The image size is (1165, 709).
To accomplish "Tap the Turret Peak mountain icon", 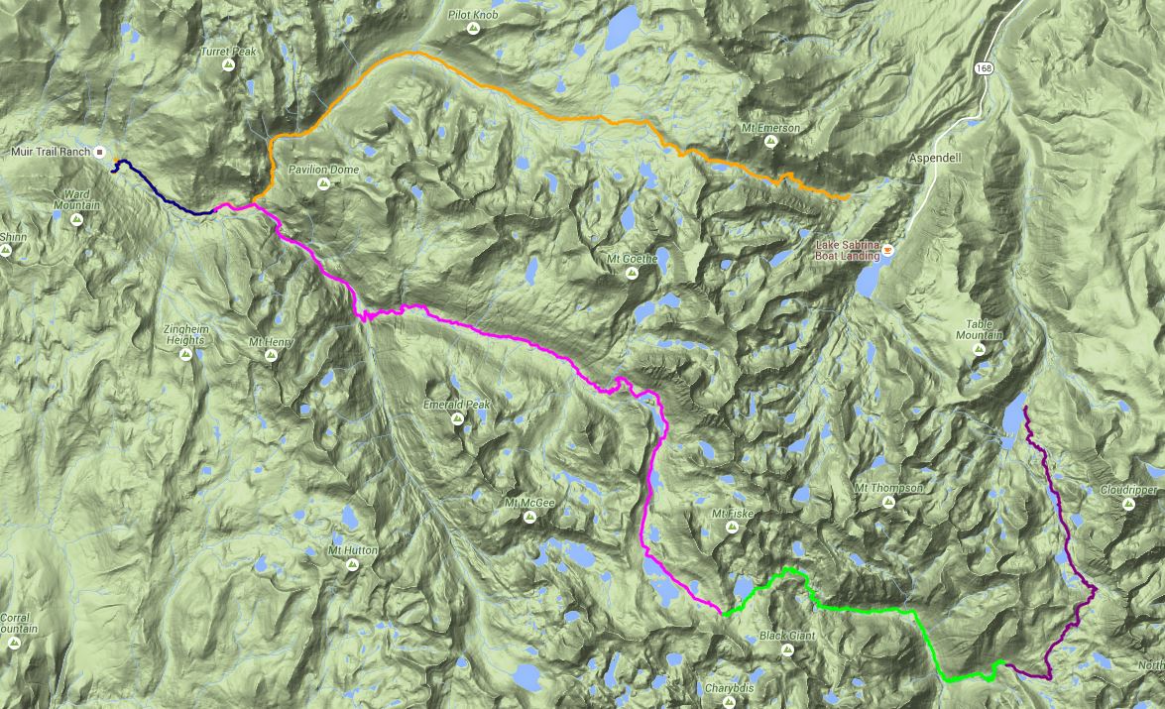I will (x=228, y=65).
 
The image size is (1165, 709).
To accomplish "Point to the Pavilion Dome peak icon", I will (x=322, y=183).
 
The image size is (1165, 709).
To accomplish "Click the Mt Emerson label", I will (x=770, y=128).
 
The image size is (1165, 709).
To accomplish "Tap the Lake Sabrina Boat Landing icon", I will (x=888, y=250).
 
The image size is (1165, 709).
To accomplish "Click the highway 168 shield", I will (x=983, y=68).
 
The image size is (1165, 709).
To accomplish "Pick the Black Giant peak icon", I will (x=787, y=650).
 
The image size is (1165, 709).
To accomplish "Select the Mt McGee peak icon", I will (x=528, y=517).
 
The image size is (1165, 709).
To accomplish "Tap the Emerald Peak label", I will (x=456, y=405).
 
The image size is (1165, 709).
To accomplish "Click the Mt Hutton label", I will (x=352, y=549).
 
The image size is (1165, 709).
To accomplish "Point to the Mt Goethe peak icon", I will (x=631, y=274).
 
